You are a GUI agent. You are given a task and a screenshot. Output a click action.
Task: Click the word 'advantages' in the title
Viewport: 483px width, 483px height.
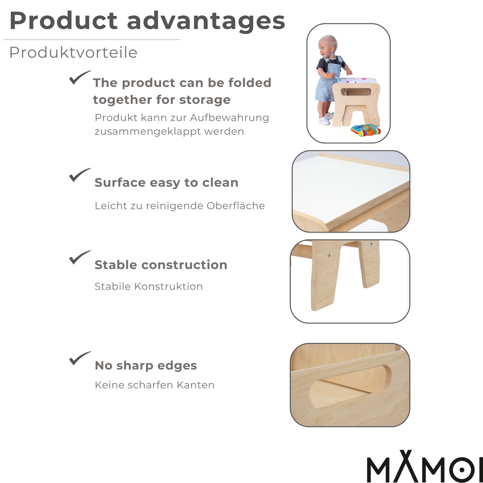[206, 21]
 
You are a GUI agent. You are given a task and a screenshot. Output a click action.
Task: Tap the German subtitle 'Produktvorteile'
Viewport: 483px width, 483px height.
[73, 52]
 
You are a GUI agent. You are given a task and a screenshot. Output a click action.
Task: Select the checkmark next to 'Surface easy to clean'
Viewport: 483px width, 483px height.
[79, 175]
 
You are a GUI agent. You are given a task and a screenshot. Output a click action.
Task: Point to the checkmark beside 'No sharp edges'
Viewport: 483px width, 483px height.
[79, 358]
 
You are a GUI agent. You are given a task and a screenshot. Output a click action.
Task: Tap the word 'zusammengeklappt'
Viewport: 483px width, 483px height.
[147, 131]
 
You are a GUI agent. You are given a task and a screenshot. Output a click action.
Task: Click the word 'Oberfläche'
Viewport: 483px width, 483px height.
[236, 206]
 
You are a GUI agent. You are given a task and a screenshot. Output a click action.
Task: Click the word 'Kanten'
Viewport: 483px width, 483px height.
[196, 385]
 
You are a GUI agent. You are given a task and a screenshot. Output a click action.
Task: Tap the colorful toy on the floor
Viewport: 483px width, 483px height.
[366, 130]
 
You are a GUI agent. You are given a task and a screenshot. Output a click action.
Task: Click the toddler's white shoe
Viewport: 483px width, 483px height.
[323, 120]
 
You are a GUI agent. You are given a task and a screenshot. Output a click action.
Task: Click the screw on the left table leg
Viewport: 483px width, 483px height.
[329, 256]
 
